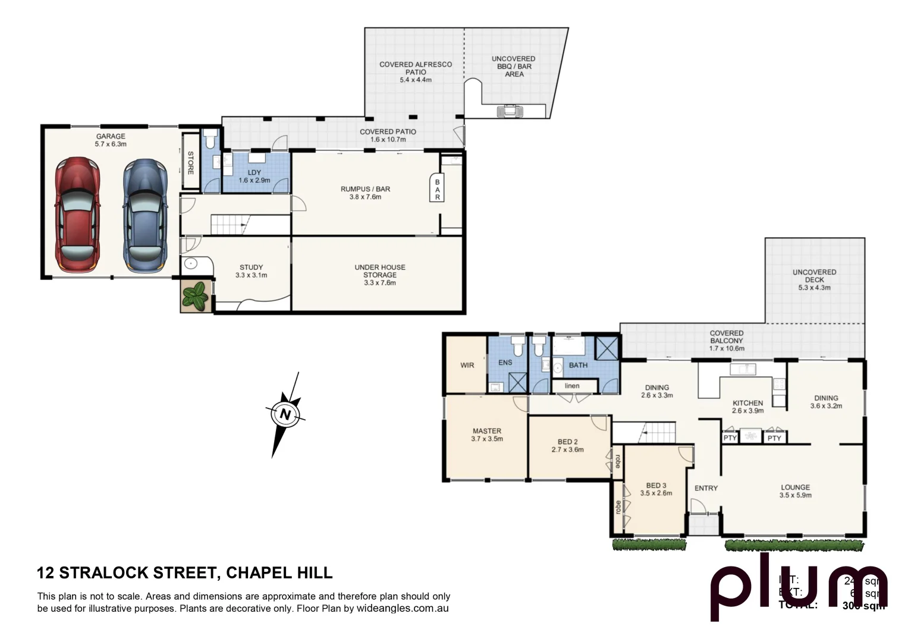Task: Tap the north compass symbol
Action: [x=285, y=414]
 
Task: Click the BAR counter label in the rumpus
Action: [x=437, y=190]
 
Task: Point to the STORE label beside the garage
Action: [x=191, y=163]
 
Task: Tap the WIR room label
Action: [x=467, y=365]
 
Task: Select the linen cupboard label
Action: [x=572, y=386]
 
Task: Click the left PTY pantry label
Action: [x=730, y=438]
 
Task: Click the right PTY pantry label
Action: [x=774, y=438]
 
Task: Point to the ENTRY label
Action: [x=706, y=488]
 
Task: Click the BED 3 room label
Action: [x=656, y=485]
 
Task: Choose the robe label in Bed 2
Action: [x=618, y=461]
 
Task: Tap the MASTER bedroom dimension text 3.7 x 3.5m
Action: [x=486, y=439]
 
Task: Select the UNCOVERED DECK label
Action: [x=814, y=276]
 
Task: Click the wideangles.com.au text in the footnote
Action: [x=402, y=609]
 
